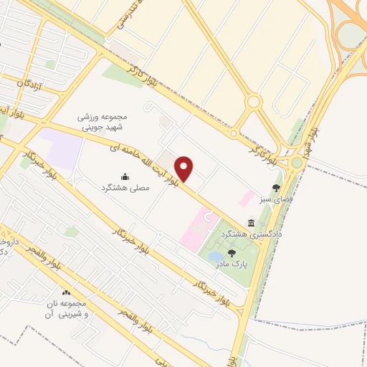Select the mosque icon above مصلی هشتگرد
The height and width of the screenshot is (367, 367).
(125, 176)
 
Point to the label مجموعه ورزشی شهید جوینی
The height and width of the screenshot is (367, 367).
(102, 121)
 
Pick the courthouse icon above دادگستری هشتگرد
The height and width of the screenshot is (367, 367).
(251, 223)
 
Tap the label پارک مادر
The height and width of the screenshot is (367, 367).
(231, 263)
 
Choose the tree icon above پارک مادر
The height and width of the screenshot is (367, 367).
(231, 252)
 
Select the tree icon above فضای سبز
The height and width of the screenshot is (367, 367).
(277, 187)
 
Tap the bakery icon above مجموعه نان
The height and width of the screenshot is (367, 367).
(67, 292)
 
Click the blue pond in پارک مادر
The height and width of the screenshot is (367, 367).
(214, 256)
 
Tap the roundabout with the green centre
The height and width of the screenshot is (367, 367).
(297, 163)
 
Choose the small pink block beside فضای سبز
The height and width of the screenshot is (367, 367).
(246, 198)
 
